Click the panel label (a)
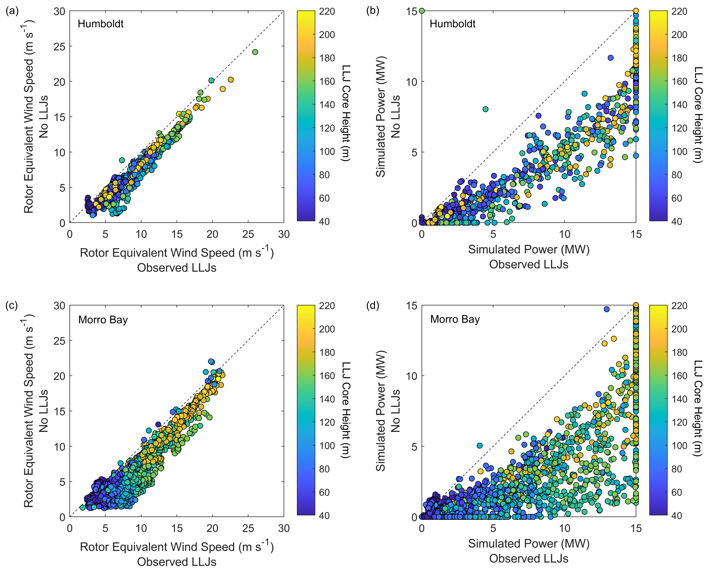coord(12,11)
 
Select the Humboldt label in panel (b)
coord(453,24)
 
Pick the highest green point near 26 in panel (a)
coord(255,52)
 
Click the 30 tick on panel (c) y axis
coord(59,306)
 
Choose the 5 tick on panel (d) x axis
coord(493,529)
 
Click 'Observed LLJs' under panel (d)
coord(529,559)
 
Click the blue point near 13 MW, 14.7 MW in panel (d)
coord(606,309)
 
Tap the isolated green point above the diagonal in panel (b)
coord(486,109)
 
